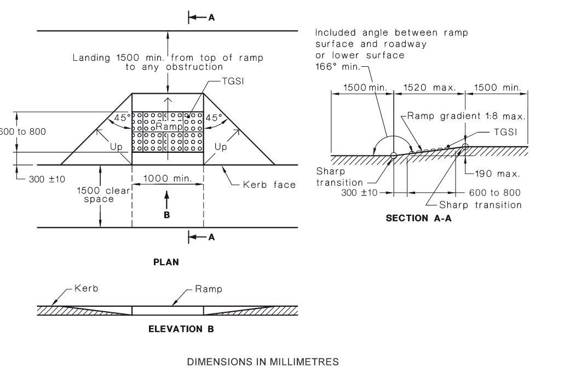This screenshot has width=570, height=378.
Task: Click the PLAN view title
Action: click(166, 262)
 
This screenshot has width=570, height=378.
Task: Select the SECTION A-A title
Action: click(418, 218)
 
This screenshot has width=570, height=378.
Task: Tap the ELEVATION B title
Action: click(181, 329)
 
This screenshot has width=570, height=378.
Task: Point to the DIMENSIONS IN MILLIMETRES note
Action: click(263, 362)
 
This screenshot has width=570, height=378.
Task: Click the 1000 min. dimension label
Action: click(168, 178)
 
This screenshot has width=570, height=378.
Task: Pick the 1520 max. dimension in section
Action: click(429, 88)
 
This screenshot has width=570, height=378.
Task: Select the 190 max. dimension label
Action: click(497, 174)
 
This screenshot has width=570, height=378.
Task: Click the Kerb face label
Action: click(269, 185)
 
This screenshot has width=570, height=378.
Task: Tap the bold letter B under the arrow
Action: click(167, 215)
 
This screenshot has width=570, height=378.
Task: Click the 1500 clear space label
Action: click(103, 194)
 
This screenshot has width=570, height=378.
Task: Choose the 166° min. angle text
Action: click(338, 67)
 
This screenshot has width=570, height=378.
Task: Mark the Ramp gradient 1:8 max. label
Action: click(466, 116)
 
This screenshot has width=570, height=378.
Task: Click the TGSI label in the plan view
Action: click(233, 81)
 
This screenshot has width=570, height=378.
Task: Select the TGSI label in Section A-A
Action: click(505, 132)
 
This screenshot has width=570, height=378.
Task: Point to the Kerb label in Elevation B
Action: click(86, 289)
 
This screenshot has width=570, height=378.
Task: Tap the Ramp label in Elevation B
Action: click(208, 289)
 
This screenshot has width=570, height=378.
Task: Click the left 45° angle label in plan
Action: click(123, 118)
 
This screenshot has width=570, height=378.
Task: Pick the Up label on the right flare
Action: click(221, 147)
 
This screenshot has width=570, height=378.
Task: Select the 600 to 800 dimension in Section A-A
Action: click(495, 192)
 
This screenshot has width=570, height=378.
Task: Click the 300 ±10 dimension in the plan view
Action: click(47, 179)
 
